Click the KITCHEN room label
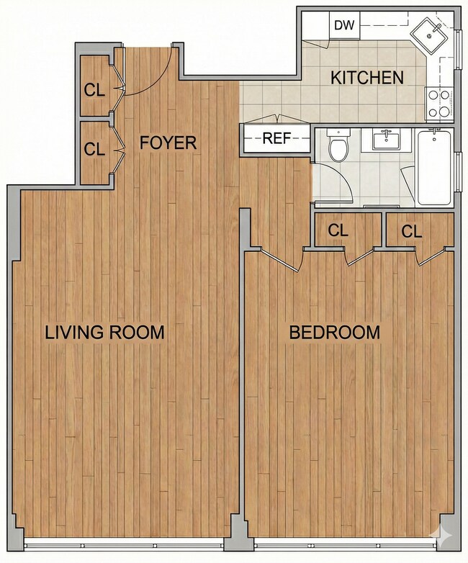tap(366, 78)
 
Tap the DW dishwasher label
tap(345, 26)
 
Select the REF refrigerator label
tap(276, 139)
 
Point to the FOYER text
tap(168, 143)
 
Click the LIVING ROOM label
tap(105, 333)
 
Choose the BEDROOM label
tap(334, 333)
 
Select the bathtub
tap(434, 167)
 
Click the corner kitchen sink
tap(432, 32)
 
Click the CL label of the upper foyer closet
tap(94, 90)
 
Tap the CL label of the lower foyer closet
tap(94, 149)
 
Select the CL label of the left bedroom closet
tap(338, 230)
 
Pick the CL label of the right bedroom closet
tap(411, 230)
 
